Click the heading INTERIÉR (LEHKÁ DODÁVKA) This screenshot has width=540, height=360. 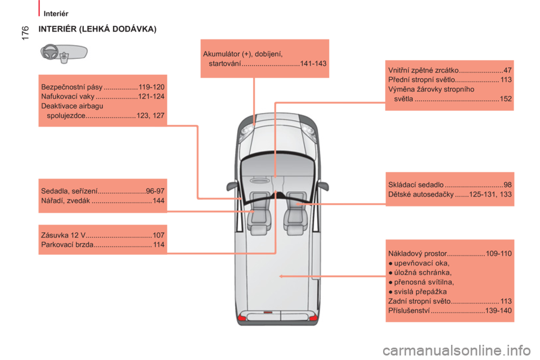tap(97, 29)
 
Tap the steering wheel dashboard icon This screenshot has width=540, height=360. tap(64, 53)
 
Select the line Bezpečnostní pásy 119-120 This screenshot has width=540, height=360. tap(102, 87)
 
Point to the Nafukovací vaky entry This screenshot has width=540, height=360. tap(102, 96)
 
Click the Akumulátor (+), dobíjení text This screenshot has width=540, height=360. tap(243, 54)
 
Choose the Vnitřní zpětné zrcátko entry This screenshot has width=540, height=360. tap(450, 70)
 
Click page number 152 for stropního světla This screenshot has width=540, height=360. tap(506, 99)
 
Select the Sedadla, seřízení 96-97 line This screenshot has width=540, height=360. tap(102, 191)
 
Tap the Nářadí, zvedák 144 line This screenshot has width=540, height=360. tap(102, 200)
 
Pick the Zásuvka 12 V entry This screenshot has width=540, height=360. tap(102, 235)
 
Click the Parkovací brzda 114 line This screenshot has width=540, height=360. tap(102, 245)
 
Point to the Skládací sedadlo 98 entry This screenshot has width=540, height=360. tap(450, 184)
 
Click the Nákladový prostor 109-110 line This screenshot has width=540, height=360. tap(450, 254)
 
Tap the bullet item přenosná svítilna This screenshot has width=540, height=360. tap(421, 282)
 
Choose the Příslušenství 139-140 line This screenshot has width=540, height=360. tap(450, 310)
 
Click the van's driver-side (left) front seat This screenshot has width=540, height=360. tap(259, 213)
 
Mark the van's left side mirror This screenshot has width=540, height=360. tap(232, 186)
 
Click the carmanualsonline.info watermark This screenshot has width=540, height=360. tap(457, 350)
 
